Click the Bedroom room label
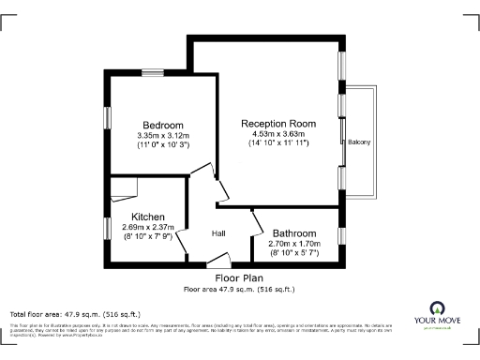click(x=162, y=125)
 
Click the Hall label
click(x=218, y=233)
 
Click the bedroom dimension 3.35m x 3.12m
click(x=162, y=135)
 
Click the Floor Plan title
click(x=239, y=278)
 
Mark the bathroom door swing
click(x=257, y=224)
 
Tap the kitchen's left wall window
click(x=107, y=229)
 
